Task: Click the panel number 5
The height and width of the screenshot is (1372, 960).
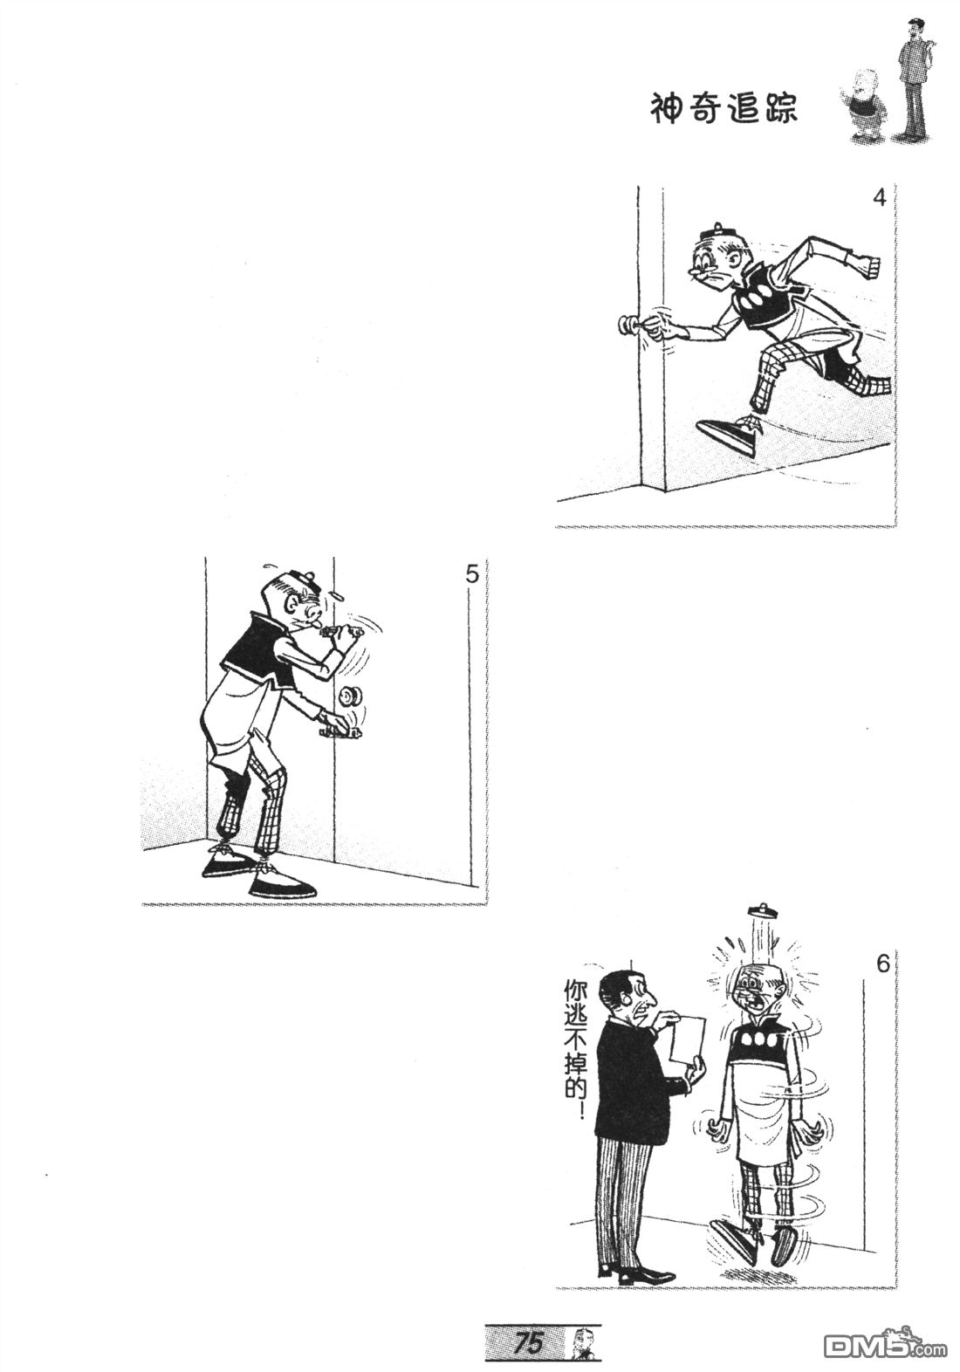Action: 471,576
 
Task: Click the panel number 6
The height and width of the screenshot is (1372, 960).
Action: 882,964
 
